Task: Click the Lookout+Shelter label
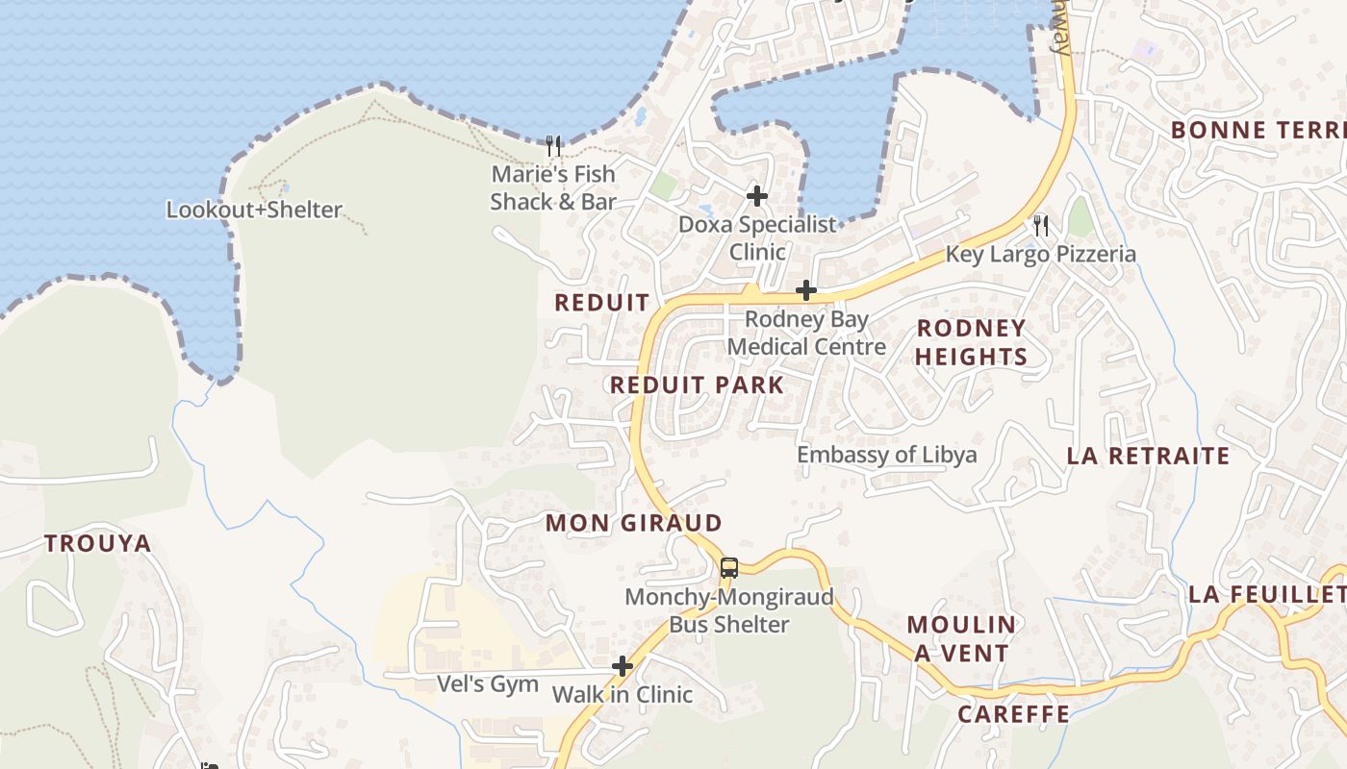pos(254,210)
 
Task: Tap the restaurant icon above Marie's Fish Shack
pos(553,146)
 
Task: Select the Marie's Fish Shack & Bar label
pos(553,187)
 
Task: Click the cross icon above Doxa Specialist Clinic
pos(757,196)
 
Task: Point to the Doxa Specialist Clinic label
pos(758,237)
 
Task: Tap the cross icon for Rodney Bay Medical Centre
pos(806,290)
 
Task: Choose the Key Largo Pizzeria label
pos(1041,254)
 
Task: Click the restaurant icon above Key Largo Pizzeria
pos(1040,226)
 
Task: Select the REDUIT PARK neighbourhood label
pos(697,385)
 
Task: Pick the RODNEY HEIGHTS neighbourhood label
pos(971,342)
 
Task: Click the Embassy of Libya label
pos(887,455)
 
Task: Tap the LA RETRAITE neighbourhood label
pos(1148,456)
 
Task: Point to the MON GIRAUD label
pos(633,523)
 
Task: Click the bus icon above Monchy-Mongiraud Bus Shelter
pos(729,567)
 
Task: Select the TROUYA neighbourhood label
pos(98,543)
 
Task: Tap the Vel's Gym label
pos(488,683)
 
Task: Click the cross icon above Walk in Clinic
pos(623,665)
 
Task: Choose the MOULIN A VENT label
pos(960,638)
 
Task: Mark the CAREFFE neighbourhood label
pos(1013,713)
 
